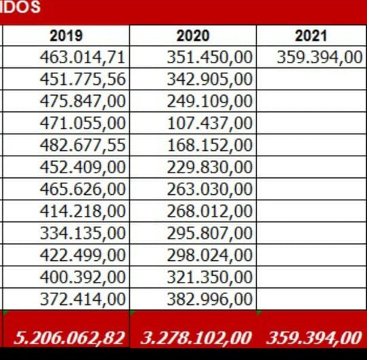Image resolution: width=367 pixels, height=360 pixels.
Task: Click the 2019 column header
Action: (x=66, y=36)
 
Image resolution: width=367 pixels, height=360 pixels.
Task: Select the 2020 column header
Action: (x=193, y=36)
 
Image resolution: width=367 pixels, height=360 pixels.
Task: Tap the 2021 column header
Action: (x=311, y=36)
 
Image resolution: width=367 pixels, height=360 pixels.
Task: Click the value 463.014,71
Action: (x=83, y=58)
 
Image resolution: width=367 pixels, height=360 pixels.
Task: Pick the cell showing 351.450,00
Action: (x=210, y=58)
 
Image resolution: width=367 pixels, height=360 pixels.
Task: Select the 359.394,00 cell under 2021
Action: (x=319, y=58)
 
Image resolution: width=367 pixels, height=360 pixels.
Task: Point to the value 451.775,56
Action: (x=83, y=79)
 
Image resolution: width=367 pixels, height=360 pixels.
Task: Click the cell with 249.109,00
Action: (x=210, y=101)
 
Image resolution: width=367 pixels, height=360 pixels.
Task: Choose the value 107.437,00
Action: (x=210, y=123)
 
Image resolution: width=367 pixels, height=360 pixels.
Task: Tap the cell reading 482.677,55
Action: (x=83, y=145)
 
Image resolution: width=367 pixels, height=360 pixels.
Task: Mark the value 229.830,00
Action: (x=210, y=167)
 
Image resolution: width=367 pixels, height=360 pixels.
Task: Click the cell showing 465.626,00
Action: (x=83, y=190)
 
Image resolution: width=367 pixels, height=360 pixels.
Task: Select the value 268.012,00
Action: (x=210, y=211)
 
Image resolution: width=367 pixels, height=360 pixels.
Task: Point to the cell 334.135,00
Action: (x=83, y=233)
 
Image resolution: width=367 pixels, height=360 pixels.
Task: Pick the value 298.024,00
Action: (x=210, y=255)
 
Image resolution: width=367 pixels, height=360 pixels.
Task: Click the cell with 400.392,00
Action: (x=83, y=277)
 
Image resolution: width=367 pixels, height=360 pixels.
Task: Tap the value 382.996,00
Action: (x=210, y=299)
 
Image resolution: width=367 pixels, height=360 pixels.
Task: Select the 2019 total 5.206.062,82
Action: (x=69, y=338)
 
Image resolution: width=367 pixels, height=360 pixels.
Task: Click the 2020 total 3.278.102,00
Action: (x=196, y=338)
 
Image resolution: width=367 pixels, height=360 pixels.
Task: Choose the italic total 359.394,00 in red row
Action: (x=315, y=338)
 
